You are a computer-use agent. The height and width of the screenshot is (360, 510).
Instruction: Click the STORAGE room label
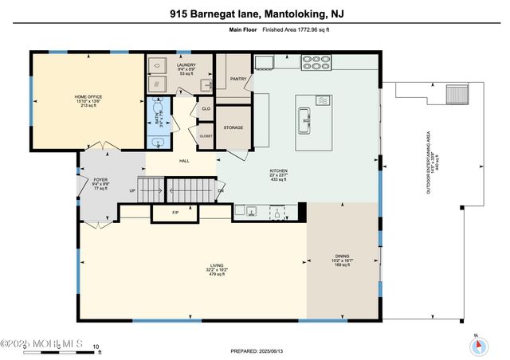pyautogui.click(x=233, y=127)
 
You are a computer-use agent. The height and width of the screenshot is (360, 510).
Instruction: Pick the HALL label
pyautogui.click(x=184, y=161)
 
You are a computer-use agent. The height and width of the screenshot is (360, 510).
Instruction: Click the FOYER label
pyautogui.click(x=100, y=180)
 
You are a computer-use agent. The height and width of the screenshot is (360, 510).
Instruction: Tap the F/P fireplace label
pyautogui.click(x=175, y=213)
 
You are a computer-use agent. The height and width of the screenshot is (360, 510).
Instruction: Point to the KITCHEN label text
pyautogui.click(x=278, y=170)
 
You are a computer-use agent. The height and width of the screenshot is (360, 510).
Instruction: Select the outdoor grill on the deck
pyautogui.click(x=456, y=94)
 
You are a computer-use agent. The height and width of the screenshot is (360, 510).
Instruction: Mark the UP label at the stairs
pyautogui.click(x=132, y=191)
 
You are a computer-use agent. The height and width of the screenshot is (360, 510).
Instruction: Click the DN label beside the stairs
pyautogui.click(x=221, y=191)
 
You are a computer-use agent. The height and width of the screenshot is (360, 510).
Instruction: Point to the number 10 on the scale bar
pyautogui.click(x=96, y=346)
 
